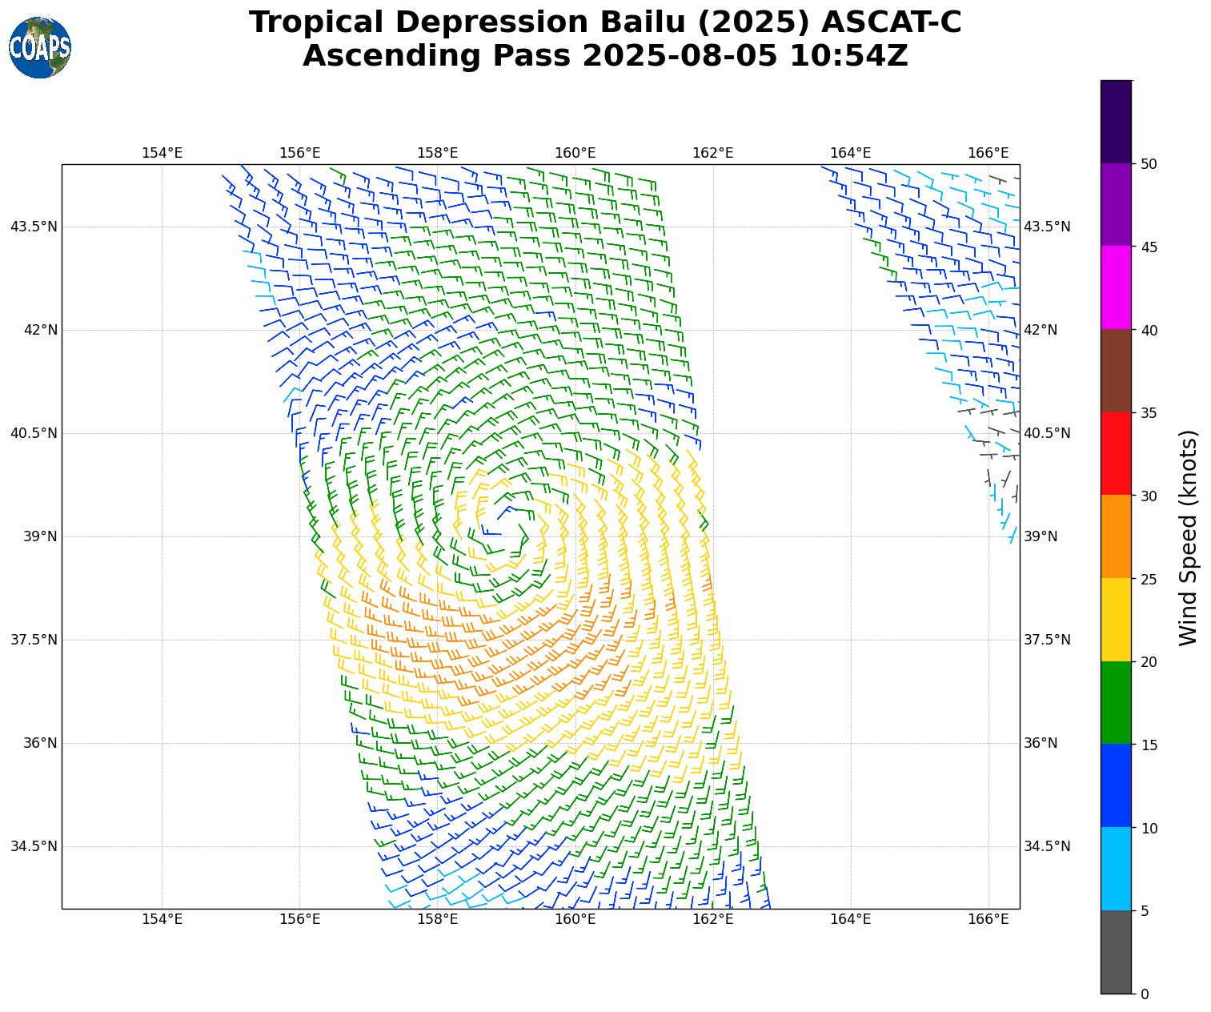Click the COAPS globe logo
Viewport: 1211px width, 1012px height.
point(40,47)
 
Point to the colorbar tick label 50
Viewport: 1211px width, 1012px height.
point(1149,164)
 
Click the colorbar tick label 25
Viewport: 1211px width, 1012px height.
point(1149,579)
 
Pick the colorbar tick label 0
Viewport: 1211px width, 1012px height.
point(1145,994)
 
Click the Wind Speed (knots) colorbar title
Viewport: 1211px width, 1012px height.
point(1189,537)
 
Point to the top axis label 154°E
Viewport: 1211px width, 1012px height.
point(162,153)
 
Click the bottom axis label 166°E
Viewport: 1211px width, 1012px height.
point(988,918)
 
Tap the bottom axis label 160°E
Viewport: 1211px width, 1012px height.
point(575,918)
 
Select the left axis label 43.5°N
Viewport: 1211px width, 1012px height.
point(34,227)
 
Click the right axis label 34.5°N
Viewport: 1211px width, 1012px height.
point(1047,846)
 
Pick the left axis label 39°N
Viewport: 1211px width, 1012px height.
point(40,536)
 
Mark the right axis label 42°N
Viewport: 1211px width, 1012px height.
point(1041,330)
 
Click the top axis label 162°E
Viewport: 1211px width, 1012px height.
point(712,153)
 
